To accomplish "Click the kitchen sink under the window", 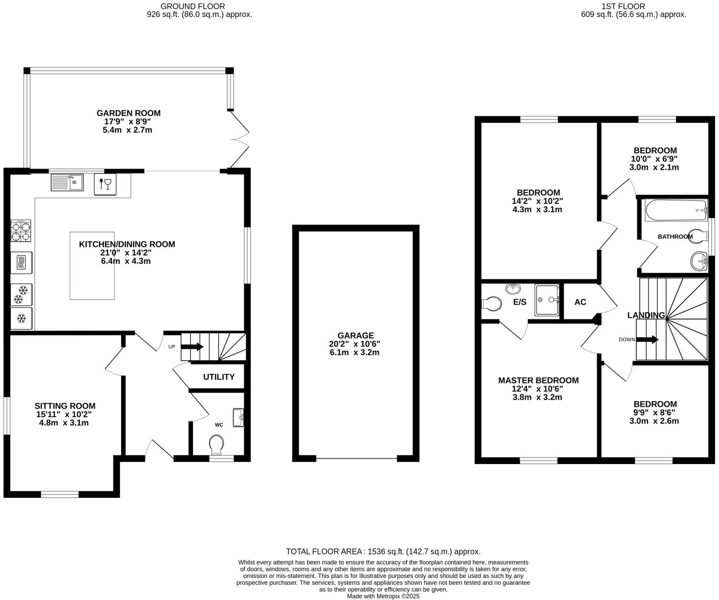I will (67, 182).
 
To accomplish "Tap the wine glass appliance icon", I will (105, 183).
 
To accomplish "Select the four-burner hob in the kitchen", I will (21, 230).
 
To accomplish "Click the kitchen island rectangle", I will (92, 265).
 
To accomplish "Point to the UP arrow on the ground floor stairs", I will (193, 347).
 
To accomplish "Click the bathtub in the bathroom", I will (676, 211).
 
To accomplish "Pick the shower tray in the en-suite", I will (547, 300).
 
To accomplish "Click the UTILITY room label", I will (219, 377).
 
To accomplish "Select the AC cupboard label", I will (580, 302).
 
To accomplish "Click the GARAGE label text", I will (355, 336).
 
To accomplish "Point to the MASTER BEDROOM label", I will (538, 380).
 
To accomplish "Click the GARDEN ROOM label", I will (128, 113).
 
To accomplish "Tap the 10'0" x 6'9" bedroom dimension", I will (655, 159).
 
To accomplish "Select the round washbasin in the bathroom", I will (698, 262).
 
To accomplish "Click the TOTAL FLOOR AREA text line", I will (383, 551).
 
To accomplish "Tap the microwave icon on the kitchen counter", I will (21, 262).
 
